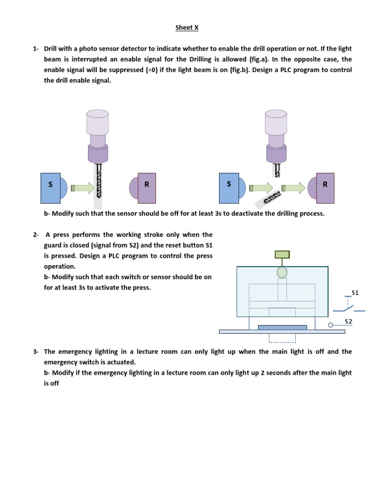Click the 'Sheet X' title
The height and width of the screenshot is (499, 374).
[187, 28]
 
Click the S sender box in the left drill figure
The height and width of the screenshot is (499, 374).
[50, 188]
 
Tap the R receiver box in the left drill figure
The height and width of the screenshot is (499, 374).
[147, 188]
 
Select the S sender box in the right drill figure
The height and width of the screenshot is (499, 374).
[229, 188]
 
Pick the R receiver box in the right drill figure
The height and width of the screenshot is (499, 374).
[325, 188]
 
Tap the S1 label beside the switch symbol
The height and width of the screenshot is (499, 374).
[355, 293]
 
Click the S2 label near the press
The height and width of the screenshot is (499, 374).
[348, 321]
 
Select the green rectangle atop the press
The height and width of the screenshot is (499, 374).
[282, 254]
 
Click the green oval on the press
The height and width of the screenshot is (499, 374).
[282, 272]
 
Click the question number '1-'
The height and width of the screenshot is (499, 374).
[36, 49]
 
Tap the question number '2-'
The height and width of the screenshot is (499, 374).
[36, 235]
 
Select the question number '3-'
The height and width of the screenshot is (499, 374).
[36, 351]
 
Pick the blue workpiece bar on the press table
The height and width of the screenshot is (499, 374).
[282, 327]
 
